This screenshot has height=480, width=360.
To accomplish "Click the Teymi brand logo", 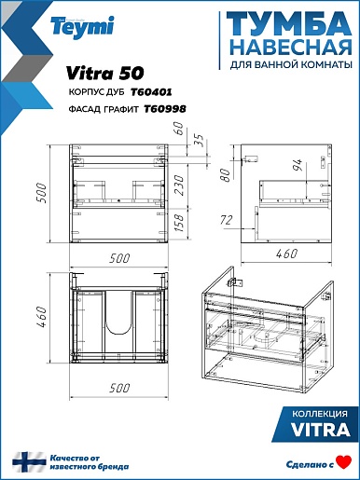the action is [x=82, y=27].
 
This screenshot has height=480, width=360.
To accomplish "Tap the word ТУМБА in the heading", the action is [x=289, y=24].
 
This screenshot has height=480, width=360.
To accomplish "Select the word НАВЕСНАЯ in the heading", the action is [x=292, y=48].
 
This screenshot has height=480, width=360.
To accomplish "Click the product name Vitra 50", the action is [x=105, y=74].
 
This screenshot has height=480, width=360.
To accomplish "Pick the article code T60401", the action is [x=151, y=92].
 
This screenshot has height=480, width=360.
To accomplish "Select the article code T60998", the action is [x=165, y=109].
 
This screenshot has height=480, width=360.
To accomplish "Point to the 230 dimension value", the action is [x=180, y=185].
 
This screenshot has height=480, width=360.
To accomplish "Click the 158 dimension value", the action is [x=180, y=222].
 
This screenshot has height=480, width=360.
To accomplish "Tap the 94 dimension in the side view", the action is [x=298, y=165].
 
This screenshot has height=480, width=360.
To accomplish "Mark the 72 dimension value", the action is [x=226, y=220].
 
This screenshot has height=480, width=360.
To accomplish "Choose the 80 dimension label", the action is [x=226, y=175].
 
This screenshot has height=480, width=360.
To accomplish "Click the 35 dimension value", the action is [x=200, y=140].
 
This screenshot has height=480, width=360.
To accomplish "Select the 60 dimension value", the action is [x=180, y=129].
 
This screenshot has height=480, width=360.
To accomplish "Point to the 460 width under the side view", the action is [x=286, y=254].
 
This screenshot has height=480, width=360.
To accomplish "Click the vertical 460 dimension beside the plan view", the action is [x=41, y=317].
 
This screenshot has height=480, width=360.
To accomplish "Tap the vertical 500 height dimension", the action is [x=41, y=193].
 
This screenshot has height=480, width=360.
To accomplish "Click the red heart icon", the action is [x=344, y=462].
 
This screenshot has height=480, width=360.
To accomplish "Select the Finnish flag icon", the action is [x=29, y=462].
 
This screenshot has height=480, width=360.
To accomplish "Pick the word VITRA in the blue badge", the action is [x=321, y=430].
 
